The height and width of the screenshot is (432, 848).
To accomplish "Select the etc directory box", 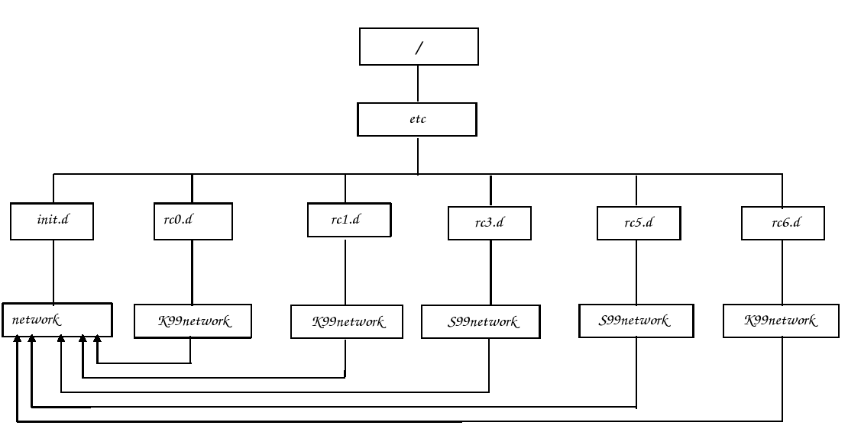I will coord(417,120).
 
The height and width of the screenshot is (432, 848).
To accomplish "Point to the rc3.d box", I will coord(490,224).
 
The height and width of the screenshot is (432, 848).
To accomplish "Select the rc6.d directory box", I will coord(782,224).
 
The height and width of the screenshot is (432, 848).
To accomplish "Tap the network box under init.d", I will coord(57,320).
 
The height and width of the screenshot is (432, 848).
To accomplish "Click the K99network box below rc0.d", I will coord(193,321).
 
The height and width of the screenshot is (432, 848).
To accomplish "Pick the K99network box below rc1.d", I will coord(348,322).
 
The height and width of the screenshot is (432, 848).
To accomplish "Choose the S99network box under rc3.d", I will coord(484,322).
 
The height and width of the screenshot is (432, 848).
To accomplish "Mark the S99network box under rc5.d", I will coord(635,321).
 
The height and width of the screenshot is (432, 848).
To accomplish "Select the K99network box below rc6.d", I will coord(780,321).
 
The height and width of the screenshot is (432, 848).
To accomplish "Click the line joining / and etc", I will coord(418,84).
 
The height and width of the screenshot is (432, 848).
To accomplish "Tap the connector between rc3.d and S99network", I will coord(490,273).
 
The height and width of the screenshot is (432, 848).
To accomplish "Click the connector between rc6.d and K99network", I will coord(782,273).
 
